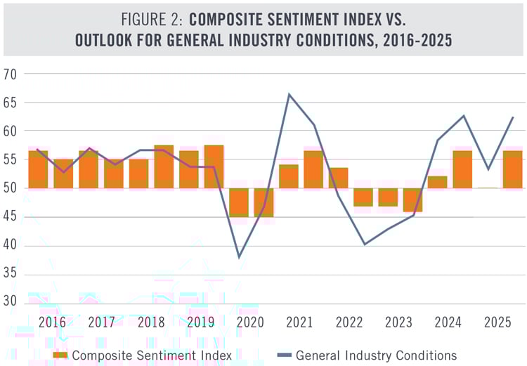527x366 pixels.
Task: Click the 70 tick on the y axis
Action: click(11, 74)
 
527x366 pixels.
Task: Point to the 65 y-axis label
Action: click(11, 103)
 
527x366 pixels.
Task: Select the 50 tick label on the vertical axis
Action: click(11, 188)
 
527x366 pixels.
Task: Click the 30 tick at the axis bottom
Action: click(11, 303)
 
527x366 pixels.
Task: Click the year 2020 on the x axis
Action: click(250, 322)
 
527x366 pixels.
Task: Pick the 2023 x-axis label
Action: click(399, 322)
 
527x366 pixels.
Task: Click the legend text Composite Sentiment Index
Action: click(152, 355)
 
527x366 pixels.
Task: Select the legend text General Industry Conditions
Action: click(376, 355)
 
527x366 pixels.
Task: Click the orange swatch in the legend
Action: click(62, 355)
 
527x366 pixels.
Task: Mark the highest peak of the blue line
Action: click(289, 94)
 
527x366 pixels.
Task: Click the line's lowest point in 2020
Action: click(239, 257)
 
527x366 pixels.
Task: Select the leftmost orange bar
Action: click(38, 169)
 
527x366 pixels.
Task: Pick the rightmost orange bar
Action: click(512, 169)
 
